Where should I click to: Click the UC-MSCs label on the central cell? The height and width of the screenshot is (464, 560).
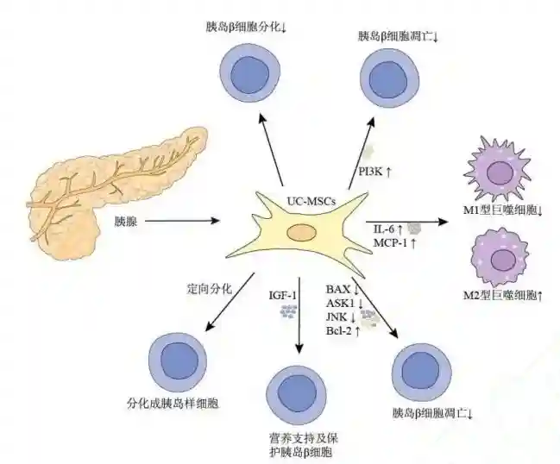(x=310, y=201)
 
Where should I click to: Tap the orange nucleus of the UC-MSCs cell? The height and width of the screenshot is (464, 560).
(x=302, y=231)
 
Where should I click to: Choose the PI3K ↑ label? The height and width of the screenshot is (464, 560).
(x=375, y=172)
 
